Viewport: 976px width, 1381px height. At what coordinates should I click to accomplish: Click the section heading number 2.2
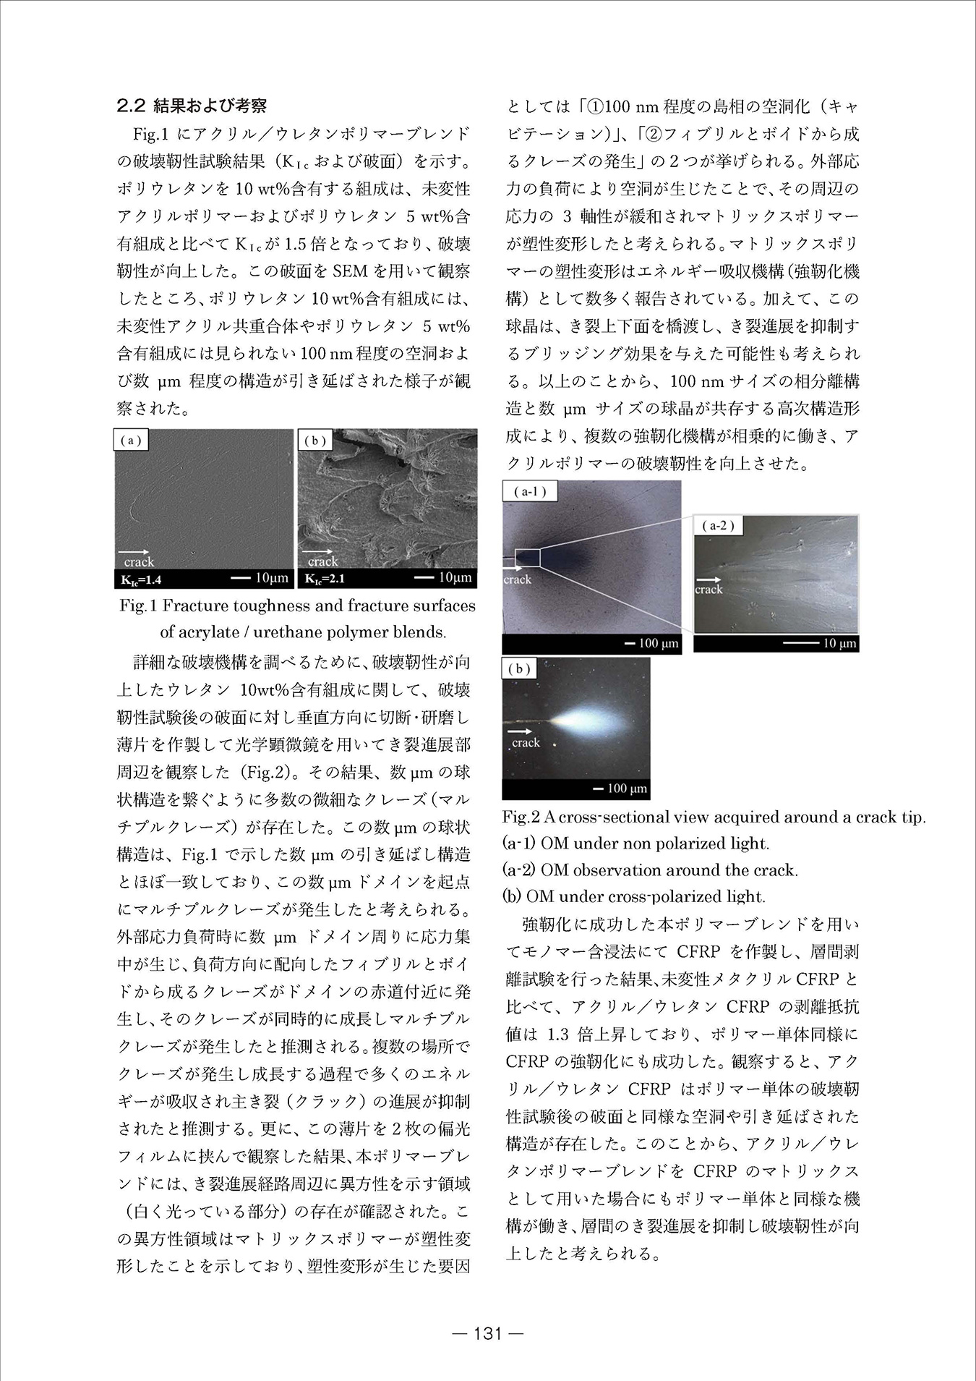click(132, 106)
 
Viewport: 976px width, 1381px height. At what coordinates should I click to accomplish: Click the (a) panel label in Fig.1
click(131, 440)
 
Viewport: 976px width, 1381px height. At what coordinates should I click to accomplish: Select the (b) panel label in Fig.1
click(315, 440)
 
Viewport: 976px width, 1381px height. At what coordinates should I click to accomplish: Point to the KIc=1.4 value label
click(141, 579)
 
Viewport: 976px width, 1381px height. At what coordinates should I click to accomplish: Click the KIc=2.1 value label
click(325, 579)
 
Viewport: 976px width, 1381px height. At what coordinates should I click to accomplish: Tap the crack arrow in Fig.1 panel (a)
click(137, 551)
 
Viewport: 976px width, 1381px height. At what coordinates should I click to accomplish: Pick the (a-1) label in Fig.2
click(530, 492)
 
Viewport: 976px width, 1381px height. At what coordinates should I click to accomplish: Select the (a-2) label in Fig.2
click(717, 526)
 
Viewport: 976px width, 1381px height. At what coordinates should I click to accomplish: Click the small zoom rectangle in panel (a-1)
click(528, 558)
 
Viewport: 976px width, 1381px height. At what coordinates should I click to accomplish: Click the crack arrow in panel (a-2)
click(709, 579)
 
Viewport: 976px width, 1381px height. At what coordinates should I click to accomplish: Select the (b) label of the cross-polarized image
click(519, 669)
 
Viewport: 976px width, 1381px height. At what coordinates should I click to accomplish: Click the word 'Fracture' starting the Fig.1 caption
click(195, 605)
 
